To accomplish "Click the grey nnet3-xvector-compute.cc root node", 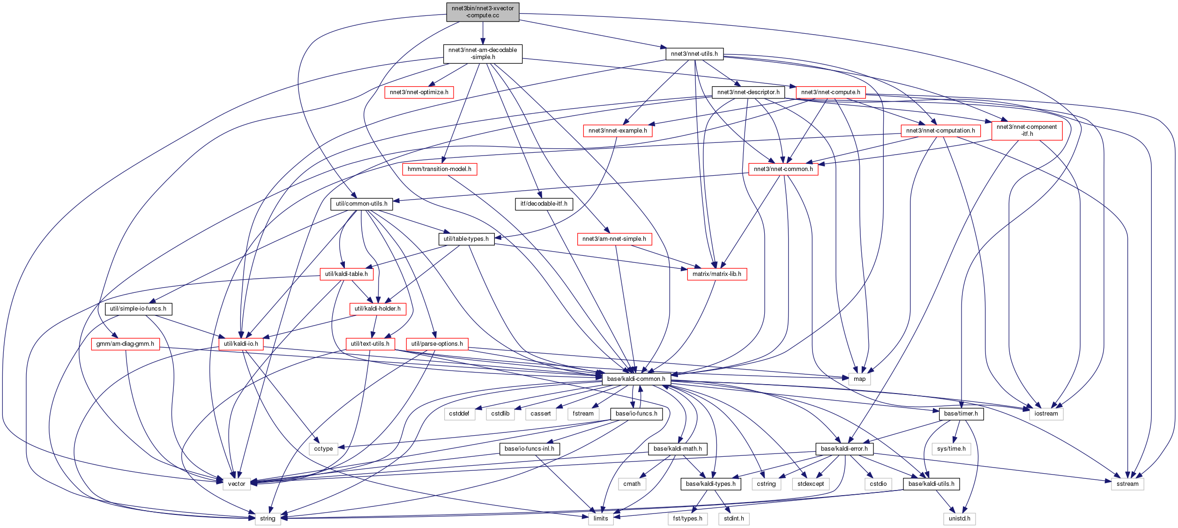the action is click(x=483, y=12).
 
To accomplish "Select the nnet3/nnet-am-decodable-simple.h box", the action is click(x=483, y=54).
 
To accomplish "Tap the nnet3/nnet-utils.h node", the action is click(x=694, y=54).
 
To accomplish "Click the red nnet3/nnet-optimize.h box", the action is click(x=419, y=92).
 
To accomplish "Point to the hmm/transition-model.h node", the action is click(x=440, y=169).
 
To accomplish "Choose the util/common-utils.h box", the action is click(x=361, y=204).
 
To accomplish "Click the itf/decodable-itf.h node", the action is click(x=544, y=204).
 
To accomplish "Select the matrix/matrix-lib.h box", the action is click(x=717, y=274).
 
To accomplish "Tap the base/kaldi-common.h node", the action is click(x=636, y=379).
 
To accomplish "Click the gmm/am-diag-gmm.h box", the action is click(x=125, y=344).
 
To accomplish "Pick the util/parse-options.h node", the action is click(x=437, y=344).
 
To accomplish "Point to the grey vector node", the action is click(x=237, y=484).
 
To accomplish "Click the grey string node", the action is click(x=268, y=519).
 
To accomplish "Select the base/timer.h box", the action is click(x=961, y=414).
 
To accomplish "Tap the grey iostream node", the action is click(x=1046, y=414).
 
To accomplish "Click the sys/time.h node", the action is click(x=951, y=449).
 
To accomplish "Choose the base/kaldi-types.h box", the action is click(x=710, y=484).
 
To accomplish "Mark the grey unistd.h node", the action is click(x=959, y=519).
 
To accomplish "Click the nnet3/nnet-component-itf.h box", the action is click(x=1027, y=131).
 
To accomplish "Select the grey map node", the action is click(x=859, y=379).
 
